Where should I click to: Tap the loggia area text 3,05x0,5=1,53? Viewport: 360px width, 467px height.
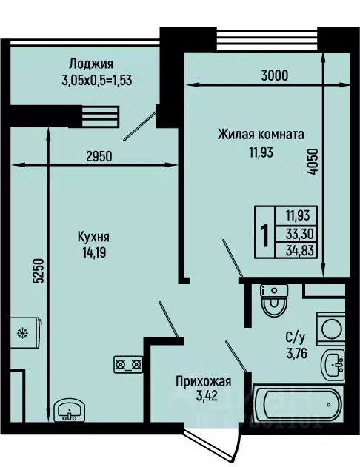pos(96,78)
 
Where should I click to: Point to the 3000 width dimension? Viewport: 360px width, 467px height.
pos(274,75)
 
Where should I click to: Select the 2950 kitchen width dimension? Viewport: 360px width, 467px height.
pos(98,157)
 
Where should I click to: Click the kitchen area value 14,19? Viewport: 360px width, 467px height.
pos(93,252)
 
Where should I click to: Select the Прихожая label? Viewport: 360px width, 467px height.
pos(203,382)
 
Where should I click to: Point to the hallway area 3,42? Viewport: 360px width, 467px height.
pos(203,397)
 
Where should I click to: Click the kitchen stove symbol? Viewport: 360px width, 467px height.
pos(127,363)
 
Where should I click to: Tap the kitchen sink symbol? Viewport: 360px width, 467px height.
pos(70,409)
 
